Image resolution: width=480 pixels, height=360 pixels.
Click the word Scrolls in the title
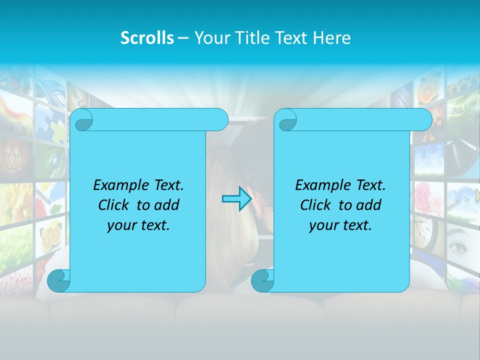pyautogui.click(x=147, y=38)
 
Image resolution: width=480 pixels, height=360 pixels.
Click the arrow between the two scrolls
pyautogui.click(x=236, y=199)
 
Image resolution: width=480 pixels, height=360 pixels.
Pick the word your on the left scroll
pyautogui.click(x=119, y=225)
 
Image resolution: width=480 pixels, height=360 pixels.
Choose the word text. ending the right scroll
pyautogui.click(x=357, y=225)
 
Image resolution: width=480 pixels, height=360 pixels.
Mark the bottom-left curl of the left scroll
pyautogui.click(x=58, y=280)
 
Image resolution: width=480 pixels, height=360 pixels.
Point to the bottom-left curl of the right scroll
pyautogui.click(x=262, y=280)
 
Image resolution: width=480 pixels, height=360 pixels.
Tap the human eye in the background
pyautogui.click(x=458, y=246)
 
